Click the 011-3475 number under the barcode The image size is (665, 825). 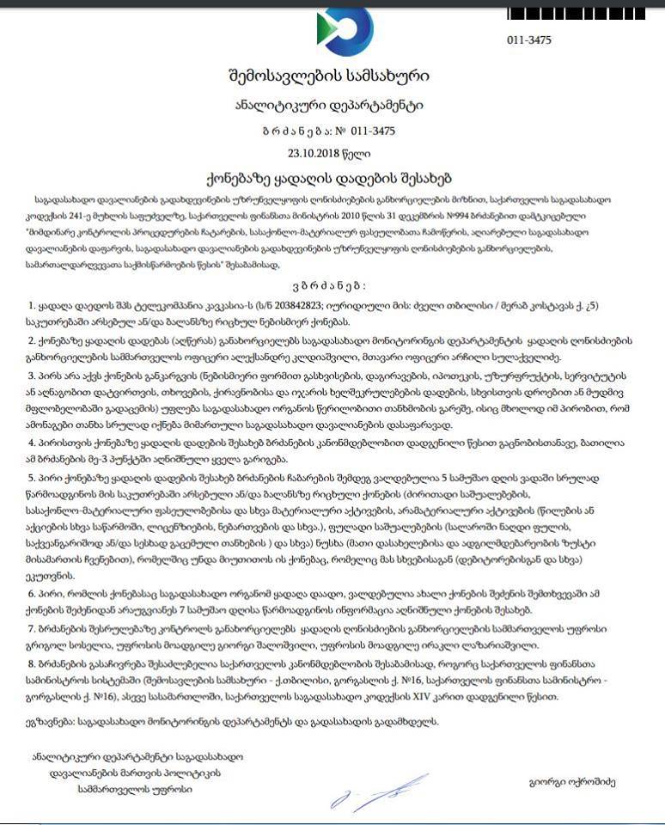pos(529,40)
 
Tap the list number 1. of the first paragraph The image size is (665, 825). pos(32,306)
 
